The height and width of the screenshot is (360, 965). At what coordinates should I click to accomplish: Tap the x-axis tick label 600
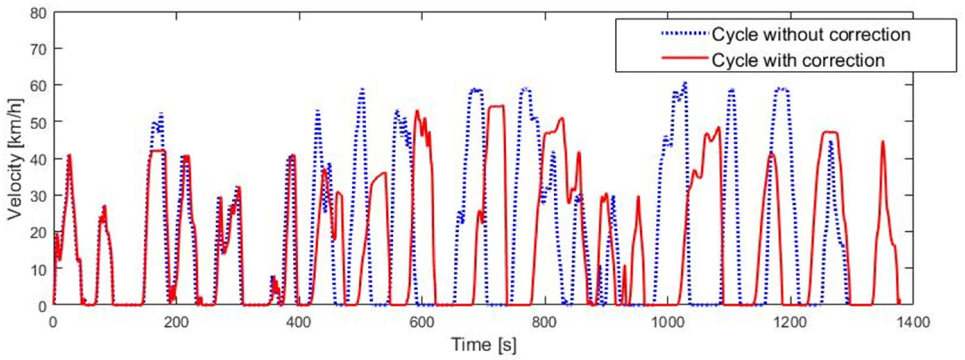[421, 323]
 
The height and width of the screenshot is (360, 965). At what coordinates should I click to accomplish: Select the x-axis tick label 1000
[667, 323]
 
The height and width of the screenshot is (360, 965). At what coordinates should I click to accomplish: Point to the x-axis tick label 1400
[913, 323]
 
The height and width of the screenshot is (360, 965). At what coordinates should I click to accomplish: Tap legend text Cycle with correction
[798, 60]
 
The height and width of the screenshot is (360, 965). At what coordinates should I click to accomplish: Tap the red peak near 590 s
[417, 111]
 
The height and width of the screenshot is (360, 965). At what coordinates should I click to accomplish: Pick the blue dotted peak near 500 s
[362, 90]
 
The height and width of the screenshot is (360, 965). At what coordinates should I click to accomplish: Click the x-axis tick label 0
[53, 323]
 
